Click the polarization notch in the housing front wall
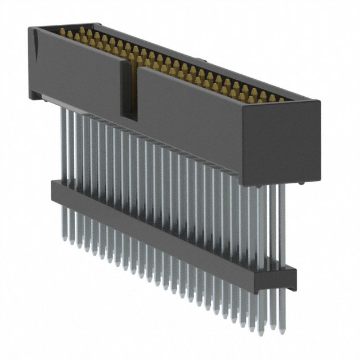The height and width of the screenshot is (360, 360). click(129, 90)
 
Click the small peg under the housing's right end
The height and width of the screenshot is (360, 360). click(302, 183)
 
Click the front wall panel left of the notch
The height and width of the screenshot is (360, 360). click(79, 73)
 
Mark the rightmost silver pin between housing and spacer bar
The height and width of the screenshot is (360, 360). click(281, 225)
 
